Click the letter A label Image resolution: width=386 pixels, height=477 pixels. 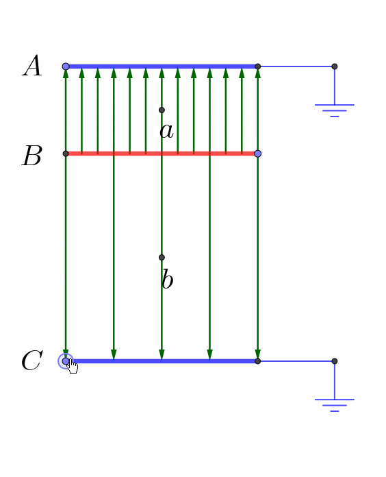click(32, 65)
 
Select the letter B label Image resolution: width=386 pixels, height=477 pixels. click(31, 156)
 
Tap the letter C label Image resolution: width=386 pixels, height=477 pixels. click(32, 360)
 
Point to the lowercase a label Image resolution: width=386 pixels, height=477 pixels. click(166, 132)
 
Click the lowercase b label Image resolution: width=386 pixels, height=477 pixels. click(167, 279)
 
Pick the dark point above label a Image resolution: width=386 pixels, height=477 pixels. click(162, 110)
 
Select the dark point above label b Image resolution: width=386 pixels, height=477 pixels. click(162, 258)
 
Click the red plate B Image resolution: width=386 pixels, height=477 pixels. click(162, 154)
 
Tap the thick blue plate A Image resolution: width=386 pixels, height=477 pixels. click(162, 66)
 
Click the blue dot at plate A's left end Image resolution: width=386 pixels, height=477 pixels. click(66, 66)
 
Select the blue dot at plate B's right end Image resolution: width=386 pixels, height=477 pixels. click(258, 154)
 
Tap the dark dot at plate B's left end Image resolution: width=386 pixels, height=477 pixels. click(66, 154)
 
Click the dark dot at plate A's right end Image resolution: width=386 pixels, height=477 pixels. click(258, 66)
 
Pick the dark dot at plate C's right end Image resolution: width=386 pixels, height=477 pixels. click(258, 361)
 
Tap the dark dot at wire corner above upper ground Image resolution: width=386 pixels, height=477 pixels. click(335, 66)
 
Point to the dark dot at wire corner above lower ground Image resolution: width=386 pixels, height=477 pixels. click(335, 361)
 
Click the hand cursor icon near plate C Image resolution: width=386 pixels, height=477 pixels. click(73, 366)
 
